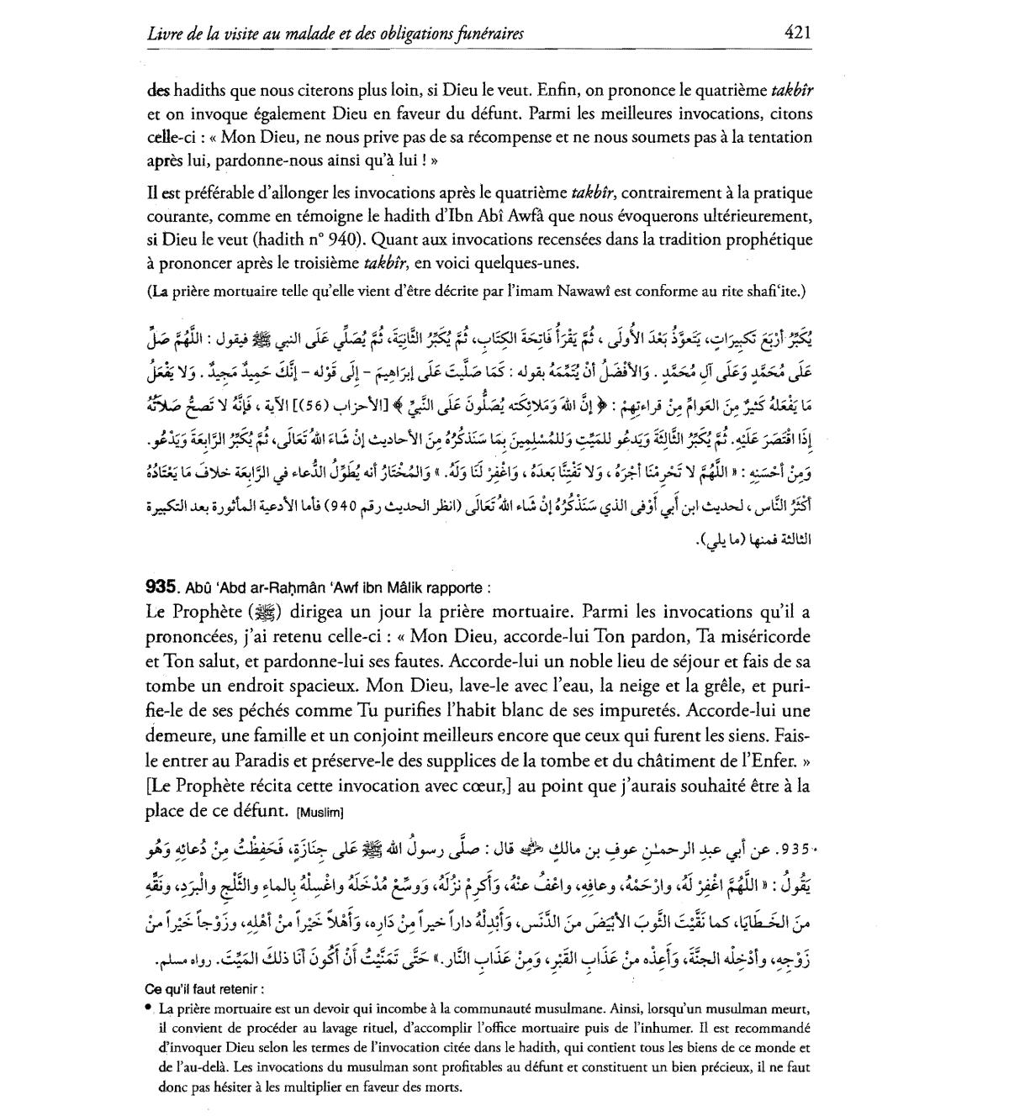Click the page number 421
click(x=796, y=33)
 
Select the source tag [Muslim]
click(x=320, y=813)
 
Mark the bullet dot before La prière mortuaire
click(x=149, y=1007)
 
